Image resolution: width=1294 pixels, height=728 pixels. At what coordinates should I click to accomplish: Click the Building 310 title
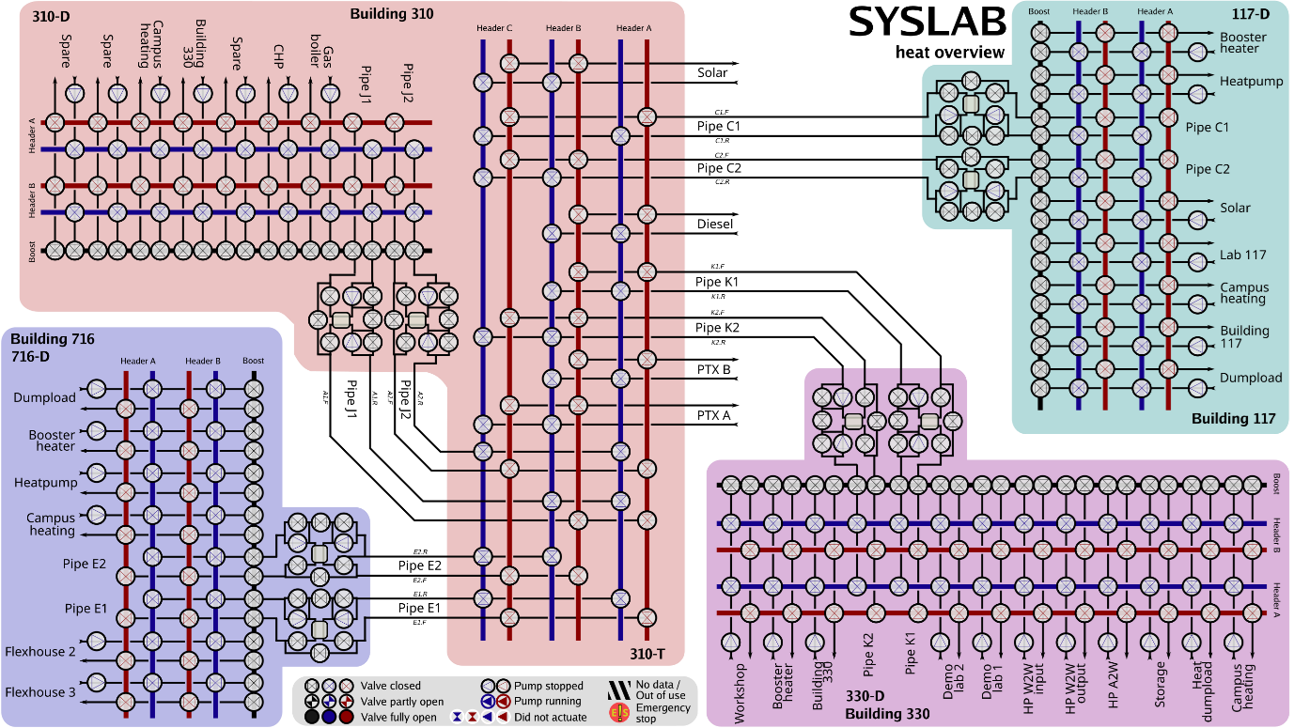point(392,14)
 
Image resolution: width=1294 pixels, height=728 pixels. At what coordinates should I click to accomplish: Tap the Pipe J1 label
point(366,84)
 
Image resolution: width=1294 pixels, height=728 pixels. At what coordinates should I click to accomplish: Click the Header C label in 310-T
point(495,28)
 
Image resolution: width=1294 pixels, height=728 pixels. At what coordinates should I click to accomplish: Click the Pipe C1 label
point(1207,127)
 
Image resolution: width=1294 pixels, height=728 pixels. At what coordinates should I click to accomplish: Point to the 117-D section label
point(1251,14)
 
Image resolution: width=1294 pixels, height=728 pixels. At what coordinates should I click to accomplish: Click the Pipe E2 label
point(86,564)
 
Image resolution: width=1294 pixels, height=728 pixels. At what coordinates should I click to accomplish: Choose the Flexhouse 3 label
point(39,692)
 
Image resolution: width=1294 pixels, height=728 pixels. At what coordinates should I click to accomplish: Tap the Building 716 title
point(53,339)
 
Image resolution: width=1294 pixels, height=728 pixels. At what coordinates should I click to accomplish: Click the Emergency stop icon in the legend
point(620,713)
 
